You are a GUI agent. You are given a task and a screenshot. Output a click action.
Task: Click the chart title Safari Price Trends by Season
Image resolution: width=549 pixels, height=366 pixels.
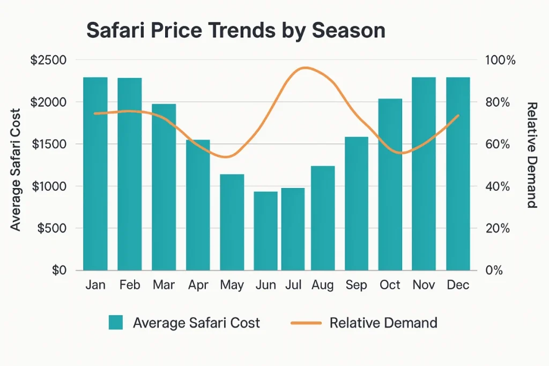[235, 31]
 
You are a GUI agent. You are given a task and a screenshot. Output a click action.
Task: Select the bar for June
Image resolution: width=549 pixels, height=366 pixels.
[265, 231]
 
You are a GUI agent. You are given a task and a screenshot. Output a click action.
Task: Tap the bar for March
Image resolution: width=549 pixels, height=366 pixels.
[164, 187]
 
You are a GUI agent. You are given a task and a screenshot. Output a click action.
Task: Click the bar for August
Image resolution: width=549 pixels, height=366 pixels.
[322, 218]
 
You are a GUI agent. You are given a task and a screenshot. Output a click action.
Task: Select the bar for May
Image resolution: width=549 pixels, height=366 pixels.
[232, 222]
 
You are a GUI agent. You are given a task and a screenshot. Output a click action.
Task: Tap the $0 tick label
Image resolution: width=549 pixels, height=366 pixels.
[59, 271]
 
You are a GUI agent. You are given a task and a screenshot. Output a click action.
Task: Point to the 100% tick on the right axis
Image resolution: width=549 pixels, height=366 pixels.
[500, 60]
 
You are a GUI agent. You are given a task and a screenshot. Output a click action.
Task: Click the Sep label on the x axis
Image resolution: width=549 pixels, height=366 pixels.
[357, 285]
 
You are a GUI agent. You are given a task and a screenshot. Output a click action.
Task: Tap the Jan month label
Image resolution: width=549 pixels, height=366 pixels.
[95, 285]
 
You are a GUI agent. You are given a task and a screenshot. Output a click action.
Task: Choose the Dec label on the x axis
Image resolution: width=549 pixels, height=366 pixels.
[458, 285]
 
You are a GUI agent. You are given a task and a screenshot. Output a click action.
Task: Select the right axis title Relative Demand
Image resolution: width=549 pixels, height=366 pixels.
[532, 155]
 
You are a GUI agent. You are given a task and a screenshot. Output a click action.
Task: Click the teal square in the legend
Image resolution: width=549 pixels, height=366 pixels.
[115, 323]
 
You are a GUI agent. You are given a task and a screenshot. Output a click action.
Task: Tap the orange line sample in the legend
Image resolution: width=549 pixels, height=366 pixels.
[306, 323]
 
